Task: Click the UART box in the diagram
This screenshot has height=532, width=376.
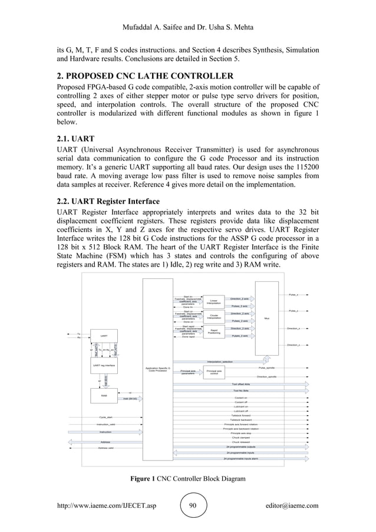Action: coord(104,337)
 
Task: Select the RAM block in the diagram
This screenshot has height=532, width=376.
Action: coord(104,396)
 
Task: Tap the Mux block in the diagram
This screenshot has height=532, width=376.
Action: coord(266,318)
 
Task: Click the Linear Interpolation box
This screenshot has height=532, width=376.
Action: coord(214,301)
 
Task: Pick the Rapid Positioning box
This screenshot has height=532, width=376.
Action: coord(214,331)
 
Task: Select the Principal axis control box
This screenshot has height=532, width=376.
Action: coord(214,372)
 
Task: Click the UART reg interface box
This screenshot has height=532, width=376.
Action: coord(104,366)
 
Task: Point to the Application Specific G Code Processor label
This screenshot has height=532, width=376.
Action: coord(157,369)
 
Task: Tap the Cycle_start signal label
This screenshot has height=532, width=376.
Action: coord(106,417)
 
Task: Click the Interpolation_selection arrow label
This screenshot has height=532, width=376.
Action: coord(219,361)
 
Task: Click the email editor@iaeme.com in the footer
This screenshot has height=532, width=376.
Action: coord(292,505)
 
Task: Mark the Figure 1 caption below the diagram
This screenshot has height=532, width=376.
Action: coord(187,478)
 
